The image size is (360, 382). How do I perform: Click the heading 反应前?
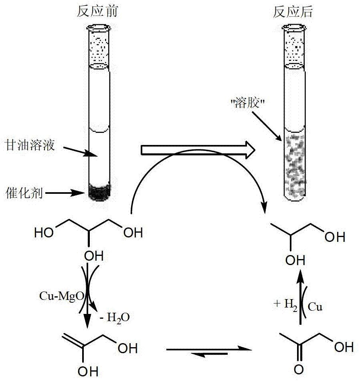[x=97, y=12]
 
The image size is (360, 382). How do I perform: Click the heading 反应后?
[x=293, y=12]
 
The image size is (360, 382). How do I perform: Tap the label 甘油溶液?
[x=30, y=145]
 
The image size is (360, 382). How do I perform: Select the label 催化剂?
[x=24, y=193]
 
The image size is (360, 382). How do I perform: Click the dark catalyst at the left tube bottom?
[x=99, y=192]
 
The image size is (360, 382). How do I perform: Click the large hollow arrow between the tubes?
[x=198, y=150]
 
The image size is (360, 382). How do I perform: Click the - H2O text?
[x=115, y=318]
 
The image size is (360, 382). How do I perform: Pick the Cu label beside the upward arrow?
[x=315, y=307]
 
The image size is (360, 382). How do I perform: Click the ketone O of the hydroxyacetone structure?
[x=299, y=370]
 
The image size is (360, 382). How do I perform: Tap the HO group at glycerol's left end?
[x=44, y=233]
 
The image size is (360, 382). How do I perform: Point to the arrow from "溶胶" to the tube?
[x=267, y=126]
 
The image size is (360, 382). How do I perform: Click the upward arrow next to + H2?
[x=301, y=297]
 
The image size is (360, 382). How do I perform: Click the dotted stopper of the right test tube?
[x=294, y=47]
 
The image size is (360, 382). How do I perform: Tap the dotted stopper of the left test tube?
[x=99, y=47]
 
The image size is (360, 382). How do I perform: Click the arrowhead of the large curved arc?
[x=263, y=209]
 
